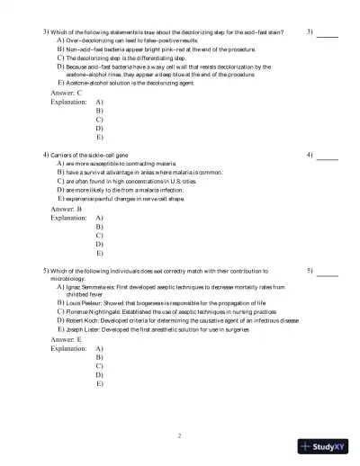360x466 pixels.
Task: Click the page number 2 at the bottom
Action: pos(180,436)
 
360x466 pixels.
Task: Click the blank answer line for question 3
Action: pos(328,35)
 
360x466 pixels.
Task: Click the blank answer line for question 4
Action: pos(328,159)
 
